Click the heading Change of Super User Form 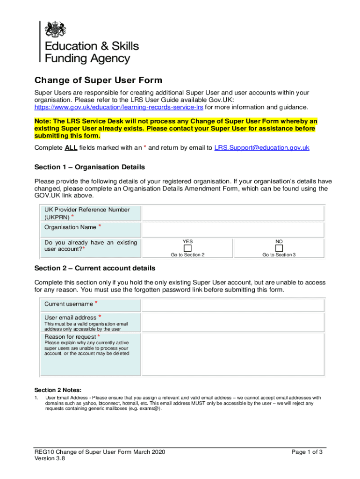pyautogui.click(x=98, y=80)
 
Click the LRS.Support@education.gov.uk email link pyautogui.click(x=262, y=148)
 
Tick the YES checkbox pyautogui.click(x=187, y=247)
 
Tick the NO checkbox pyautogui.click(x=279, y=247)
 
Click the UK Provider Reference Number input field pyautogui.click(x=233, y=214)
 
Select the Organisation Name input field pyautogui.click(x=233, y=229)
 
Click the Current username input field pyautogui.click(x=233, y=305)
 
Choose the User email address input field pyautogui.click(x=233, y=323)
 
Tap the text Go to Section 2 pyautogui.click(x=187, y=255)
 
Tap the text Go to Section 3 pyautogui.click(x=279, y=255)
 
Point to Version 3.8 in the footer pyautogui.click(x=50, y=459)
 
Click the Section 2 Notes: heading pyautogui.click(x=58, y=390)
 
